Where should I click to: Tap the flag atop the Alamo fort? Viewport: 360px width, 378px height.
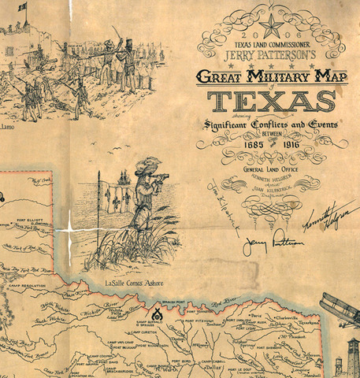point(22,6)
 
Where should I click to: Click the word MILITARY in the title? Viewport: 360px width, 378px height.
point(278,76)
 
